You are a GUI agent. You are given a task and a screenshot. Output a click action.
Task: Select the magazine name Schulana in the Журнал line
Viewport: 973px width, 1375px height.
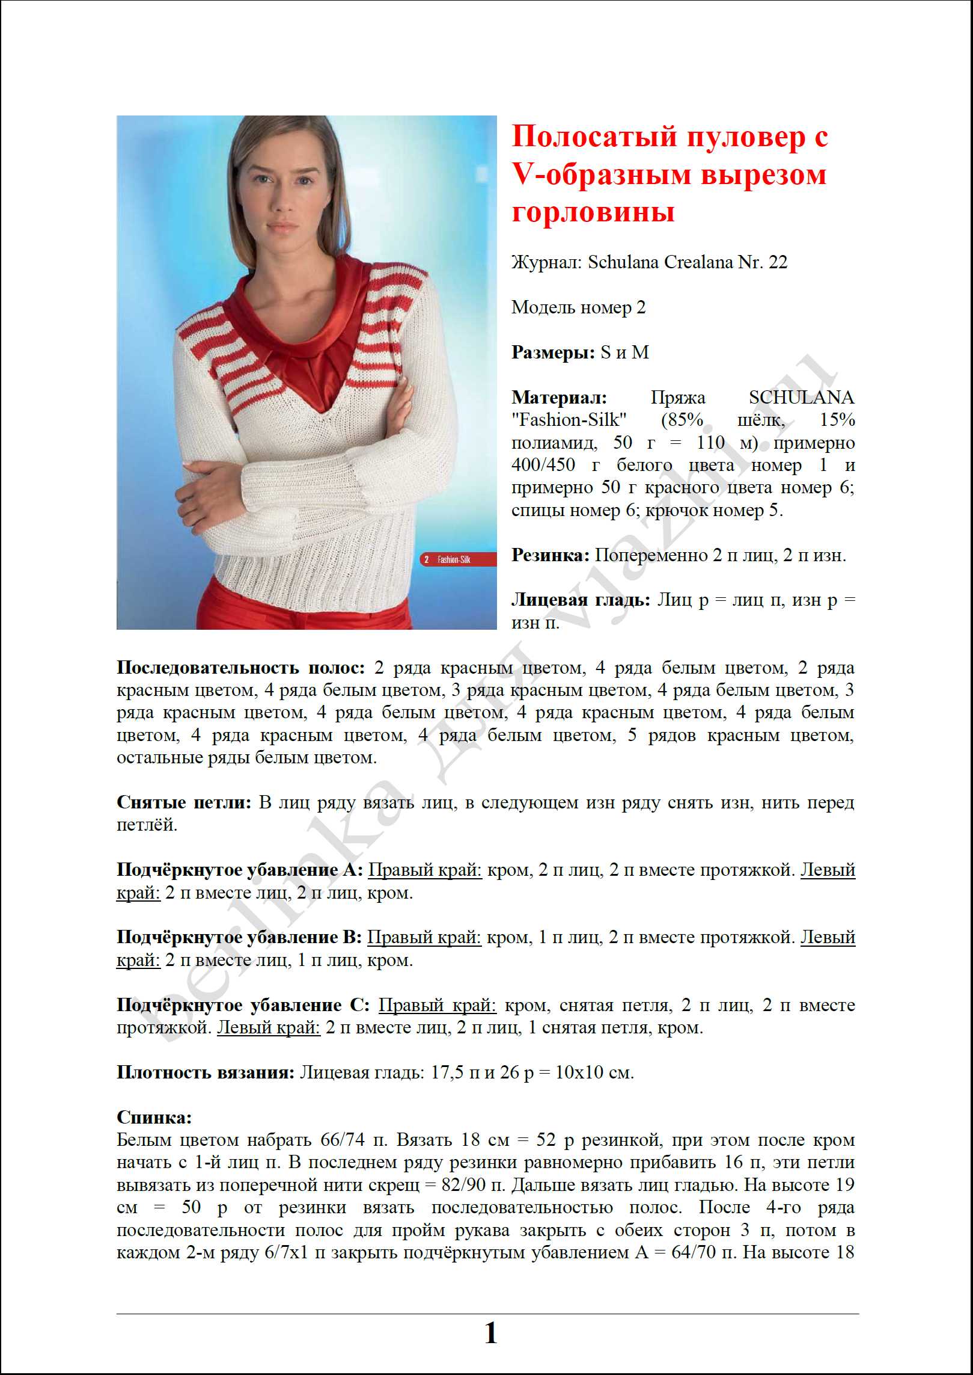point(625,262)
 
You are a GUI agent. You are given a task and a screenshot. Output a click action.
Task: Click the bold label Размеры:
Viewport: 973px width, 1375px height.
point(553,352)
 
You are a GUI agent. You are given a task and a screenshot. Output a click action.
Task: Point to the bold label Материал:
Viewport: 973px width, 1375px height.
point(559,398)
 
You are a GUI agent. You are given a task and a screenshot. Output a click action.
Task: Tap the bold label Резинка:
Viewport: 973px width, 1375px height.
point(551,555)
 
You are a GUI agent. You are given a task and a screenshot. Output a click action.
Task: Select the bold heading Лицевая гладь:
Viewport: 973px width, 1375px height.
point(581,600)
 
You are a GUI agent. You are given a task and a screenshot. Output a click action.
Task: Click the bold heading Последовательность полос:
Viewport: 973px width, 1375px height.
point(240,668)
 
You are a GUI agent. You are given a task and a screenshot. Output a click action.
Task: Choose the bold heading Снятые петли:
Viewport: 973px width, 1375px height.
point(184,802)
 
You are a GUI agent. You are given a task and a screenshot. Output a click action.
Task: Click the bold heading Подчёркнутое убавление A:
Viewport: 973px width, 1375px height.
point(240,870)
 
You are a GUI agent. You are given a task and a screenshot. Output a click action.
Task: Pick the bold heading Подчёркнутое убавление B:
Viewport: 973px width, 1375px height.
point(239,937)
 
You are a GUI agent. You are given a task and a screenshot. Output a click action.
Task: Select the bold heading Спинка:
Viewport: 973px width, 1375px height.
point(154,1118)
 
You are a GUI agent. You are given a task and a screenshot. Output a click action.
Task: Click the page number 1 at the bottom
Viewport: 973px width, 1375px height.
point(490,1333)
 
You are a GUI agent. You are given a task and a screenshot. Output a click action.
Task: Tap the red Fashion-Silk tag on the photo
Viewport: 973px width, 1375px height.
point(457,560)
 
